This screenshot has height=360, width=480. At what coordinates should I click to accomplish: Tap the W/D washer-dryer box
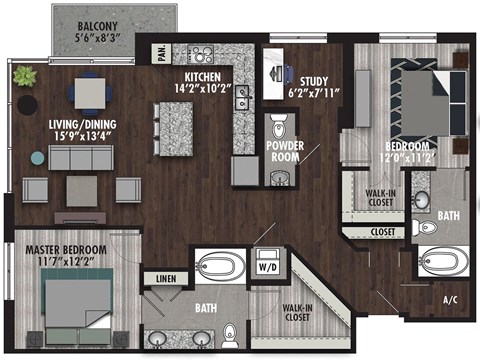(268, 268)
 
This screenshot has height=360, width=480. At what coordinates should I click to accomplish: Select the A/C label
(451, 299)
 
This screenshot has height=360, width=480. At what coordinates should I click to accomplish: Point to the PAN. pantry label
(160, 48)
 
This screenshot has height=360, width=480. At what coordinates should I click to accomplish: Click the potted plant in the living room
(22, 76)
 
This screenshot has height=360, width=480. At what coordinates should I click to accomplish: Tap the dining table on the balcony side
(96, 92)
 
